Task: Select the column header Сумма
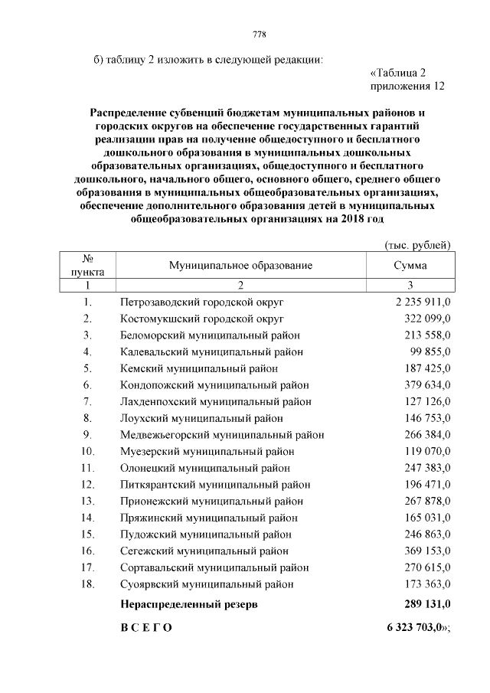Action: [410, 265]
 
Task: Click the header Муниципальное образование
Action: [240, 265]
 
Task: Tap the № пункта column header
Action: [87, 265]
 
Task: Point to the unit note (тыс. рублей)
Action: [416, 244]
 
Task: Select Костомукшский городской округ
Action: [202, 318]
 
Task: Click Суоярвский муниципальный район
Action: [207, 584]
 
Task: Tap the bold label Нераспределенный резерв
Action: [189, 605]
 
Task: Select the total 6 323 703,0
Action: [414, 628]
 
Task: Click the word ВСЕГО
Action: [146, 628]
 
